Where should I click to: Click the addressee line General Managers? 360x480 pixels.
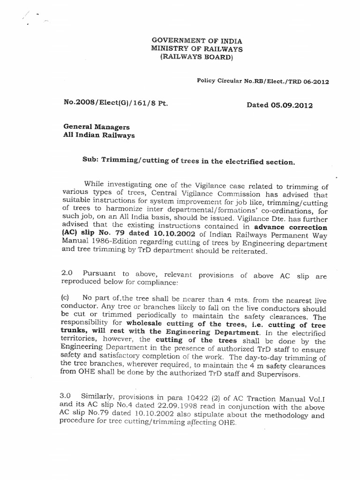(x=97, y=127)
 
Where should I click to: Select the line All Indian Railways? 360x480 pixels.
(x=99, y=135)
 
